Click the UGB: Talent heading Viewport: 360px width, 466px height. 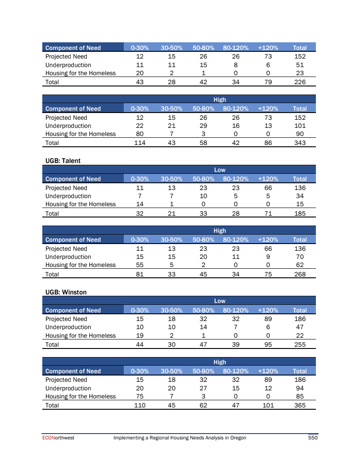63,160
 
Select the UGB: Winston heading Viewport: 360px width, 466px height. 66,292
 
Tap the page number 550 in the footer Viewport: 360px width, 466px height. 313,438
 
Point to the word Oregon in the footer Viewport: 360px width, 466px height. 238,438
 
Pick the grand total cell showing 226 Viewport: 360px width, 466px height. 299,82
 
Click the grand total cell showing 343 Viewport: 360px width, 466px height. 299,143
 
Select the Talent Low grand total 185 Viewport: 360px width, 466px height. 299,213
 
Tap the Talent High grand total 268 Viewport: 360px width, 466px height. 299,274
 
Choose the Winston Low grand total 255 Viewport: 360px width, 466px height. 299,344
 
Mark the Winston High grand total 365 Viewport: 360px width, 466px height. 299,405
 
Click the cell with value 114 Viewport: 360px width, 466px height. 139,143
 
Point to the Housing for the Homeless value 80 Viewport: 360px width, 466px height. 139,134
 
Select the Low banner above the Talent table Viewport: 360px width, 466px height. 220,170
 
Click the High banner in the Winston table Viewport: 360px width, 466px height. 220,362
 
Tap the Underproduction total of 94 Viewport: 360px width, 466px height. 299,388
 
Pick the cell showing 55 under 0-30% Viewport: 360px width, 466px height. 139,265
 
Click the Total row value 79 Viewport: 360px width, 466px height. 268,82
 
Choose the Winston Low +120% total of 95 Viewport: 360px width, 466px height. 268,344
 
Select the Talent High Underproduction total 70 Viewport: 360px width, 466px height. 299,257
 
